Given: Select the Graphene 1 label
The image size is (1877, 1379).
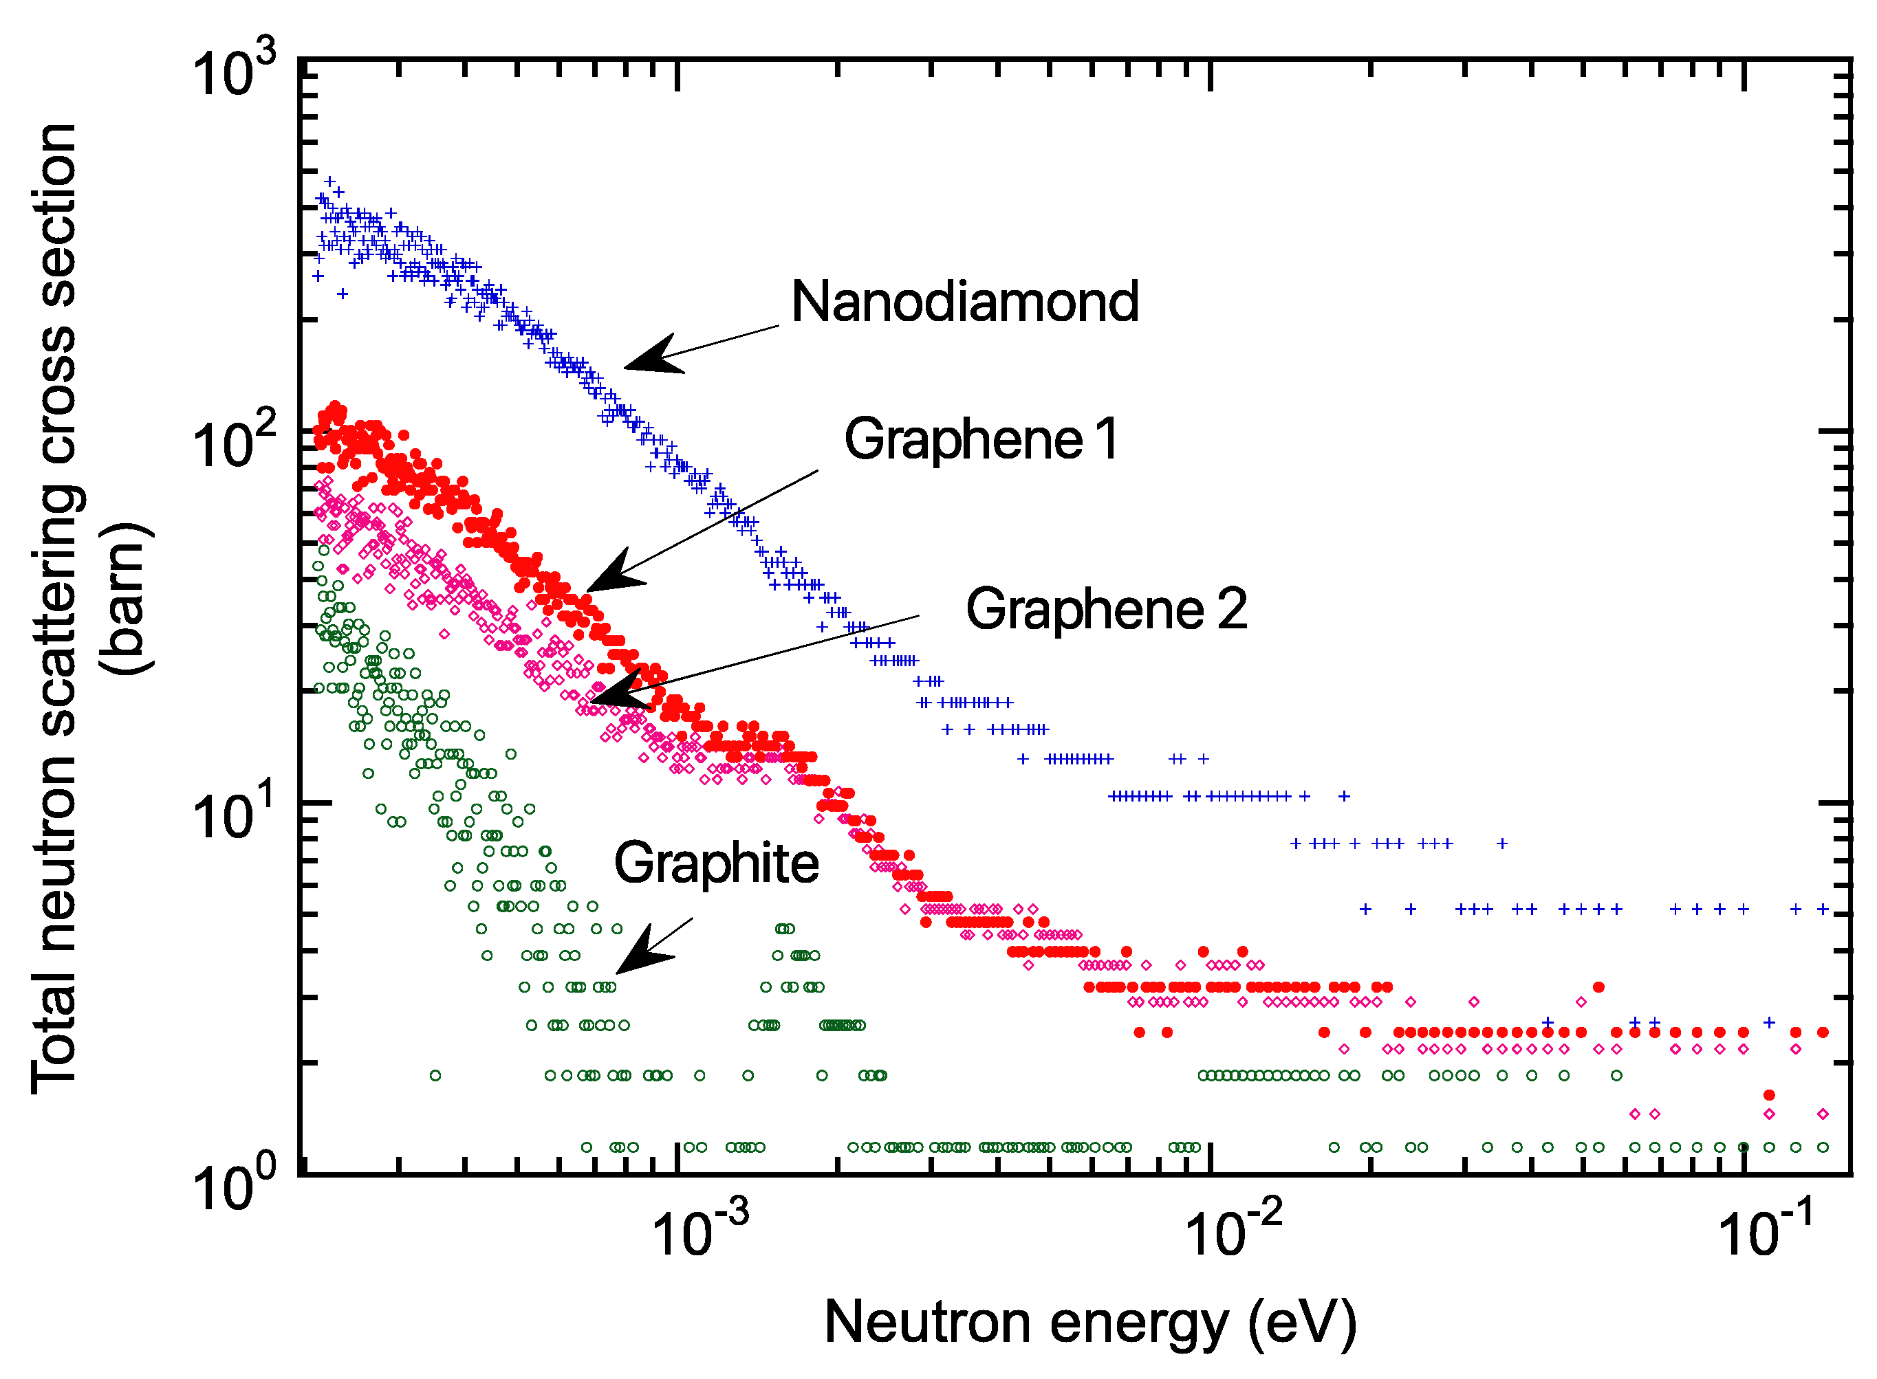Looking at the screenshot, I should (x=981, y=439).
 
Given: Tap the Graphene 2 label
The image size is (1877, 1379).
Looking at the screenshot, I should (x=1107, y=608).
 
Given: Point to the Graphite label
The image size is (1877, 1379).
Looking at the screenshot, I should (x=717, y=863).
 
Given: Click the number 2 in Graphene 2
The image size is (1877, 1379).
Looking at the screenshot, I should (x=1233, y=608).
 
